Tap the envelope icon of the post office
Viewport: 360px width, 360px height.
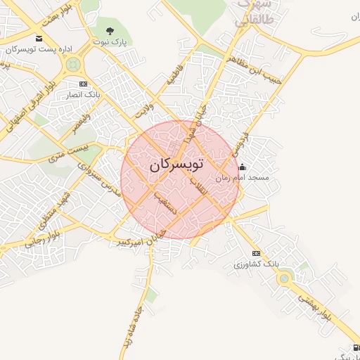point(38,38)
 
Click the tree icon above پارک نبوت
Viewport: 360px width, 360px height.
point(110,30)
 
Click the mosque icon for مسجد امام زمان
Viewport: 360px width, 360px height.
point(243,167)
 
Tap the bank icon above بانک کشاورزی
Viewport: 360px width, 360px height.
point(256,253)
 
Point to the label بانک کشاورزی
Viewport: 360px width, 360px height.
point(257,264)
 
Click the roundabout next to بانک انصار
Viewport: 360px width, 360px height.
point(72,65)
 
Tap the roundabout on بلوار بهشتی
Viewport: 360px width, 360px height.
point(284,279)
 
